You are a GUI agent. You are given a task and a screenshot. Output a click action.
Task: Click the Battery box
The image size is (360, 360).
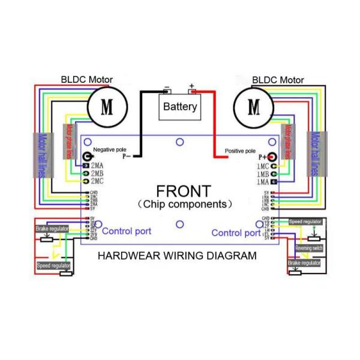coord(180,107)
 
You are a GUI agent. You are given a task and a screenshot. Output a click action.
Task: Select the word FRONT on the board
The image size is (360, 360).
coord(183,191)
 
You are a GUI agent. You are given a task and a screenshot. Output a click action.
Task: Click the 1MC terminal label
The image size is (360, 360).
coord(262,165)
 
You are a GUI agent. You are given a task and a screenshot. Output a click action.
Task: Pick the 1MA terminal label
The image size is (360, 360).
coord(262,181)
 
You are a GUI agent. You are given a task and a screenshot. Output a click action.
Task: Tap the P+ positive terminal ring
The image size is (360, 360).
coord(272,157)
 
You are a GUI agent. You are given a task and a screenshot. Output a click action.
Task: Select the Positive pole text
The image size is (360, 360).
coord(240,151)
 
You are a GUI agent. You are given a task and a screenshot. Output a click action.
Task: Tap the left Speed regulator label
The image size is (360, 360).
coord(53,265)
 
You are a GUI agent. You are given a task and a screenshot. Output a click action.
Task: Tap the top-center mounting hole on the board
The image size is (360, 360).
coord(179,142)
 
